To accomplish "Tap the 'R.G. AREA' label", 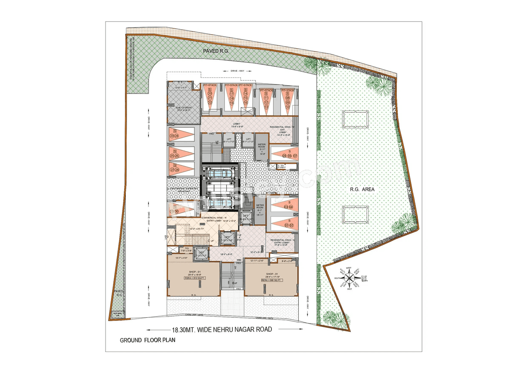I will [x=362, y=189].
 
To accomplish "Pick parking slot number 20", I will [x=210, y=94].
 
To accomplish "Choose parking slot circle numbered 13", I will [x=266, y=107].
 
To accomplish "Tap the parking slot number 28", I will [x=177, y=170].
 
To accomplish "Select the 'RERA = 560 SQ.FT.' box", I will [x=272, y=280].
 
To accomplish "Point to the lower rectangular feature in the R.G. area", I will [x=355, y=214].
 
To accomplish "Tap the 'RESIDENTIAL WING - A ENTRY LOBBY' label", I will [x=283, y=242].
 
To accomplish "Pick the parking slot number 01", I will [x=285, y=225].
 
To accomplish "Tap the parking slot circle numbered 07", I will [x=295, y=155].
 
